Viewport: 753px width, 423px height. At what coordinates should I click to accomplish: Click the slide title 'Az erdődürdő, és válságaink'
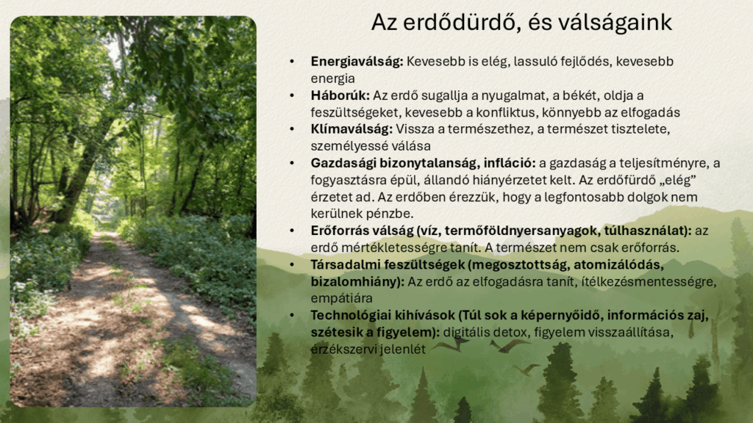(x=521, y=23)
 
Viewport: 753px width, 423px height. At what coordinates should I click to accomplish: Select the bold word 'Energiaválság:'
(x=357, y=62)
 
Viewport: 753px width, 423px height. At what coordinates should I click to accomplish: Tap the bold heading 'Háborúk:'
(x=340, y=95)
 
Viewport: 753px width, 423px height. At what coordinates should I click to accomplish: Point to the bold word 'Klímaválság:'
(x=351, y=129)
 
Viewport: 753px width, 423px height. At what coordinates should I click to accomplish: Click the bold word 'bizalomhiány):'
(x=358, y=281)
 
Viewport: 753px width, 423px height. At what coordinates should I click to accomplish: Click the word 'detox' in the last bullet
(x=496, y=333)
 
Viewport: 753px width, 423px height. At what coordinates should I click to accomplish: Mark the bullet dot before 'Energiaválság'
(x=292, y=62)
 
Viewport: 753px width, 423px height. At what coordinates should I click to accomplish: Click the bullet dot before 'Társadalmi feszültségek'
(x=292, y=264)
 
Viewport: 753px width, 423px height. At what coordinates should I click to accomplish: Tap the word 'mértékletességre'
(x=390, y=248)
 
